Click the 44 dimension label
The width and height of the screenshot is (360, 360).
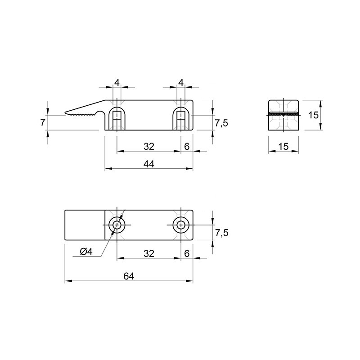pyautogui.click(x=149, y=164)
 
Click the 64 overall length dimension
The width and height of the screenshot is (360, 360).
pyautogui.click(x=129, y=276)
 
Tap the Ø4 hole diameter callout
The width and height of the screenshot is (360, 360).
pyautogui.click(x=86, y=252)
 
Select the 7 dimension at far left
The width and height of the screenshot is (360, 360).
pyautogui.click(x=42, y=122)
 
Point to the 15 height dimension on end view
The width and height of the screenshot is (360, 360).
pyautogui.click(x=313, y=115)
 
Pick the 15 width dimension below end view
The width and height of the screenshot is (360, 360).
pyautogui.click(x=283, y=146)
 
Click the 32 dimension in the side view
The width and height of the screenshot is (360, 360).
pyautogui.click(x=149, y=146)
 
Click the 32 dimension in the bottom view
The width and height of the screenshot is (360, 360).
pyautogui.click(x=149, y=253)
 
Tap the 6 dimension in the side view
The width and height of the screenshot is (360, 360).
pyautogui.click(x=187, y=146)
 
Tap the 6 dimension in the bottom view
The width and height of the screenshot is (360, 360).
pyautogui.click(x=187, y=253)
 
